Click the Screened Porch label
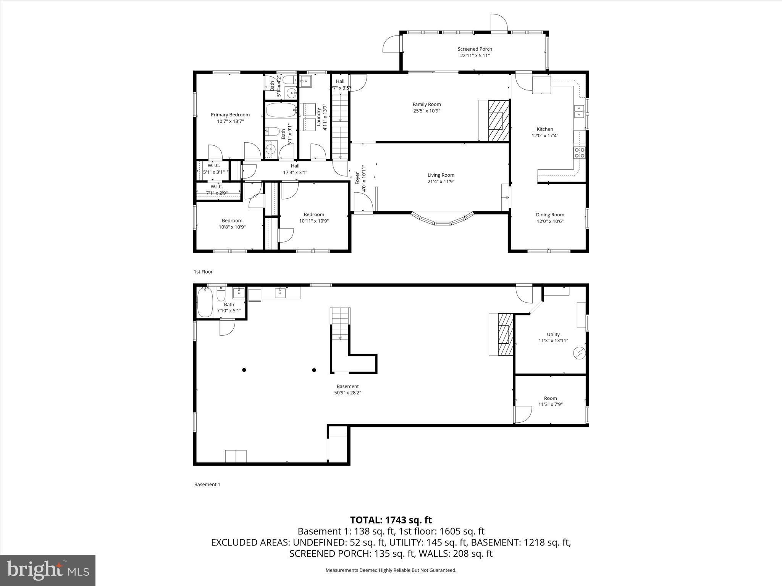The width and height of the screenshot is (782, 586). [x=475, y=49]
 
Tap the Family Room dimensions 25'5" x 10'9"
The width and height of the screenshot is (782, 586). [x=427, y=111]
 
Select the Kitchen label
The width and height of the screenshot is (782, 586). [x=545, y=129]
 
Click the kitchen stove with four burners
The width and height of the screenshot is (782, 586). [x=579, y=153]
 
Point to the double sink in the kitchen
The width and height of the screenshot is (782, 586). [x=579, y=112]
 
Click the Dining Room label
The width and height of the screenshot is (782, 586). [x=550, y=215]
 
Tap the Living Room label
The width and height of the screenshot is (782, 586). [x=441, y=175]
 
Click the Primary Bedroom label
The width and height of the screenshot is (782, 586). [x=230, y=114]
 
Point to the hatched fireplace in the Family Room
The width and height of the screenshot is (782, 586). [x=498, y=120]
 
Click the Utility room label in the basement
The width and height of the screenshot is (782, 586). [x=553, y=334]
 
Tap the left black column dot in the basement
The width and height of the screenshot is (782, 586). [x=244, y=370]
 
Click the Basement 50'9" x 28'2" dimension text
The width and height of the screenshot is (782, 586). [x=347, y=393]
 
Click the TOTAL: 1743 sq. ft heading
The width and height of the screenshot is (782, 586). [x=391, y=520]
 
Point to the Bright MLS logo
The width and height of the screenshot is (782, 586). [x=48, y=570]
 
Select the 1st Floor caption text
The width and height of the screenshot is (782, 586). [x=203, y=272]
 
